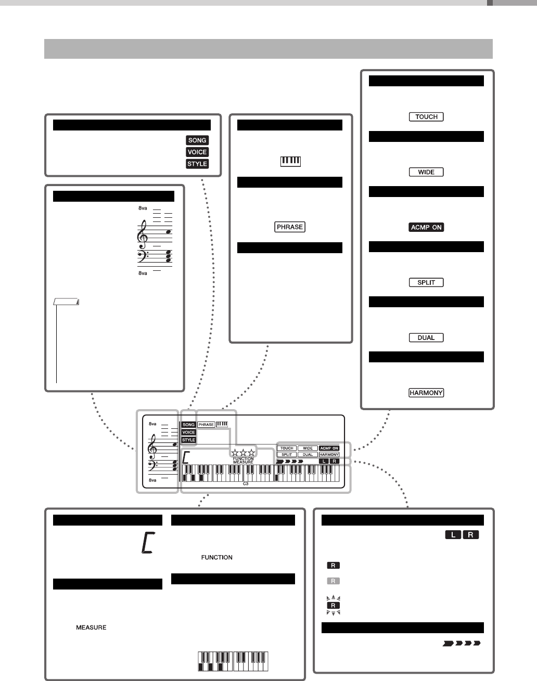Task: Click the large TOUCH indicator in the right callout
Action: click(426, 117)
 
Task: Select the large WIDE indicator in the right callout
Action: click(426, 172)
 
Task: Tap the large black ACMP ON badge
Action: click(426, 227)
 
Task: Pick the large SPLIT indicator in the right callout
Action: click(426, 282)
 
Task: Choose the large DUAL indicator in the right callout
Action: click(426, 337)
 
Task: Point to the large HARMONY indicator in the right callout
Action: click(426, 393)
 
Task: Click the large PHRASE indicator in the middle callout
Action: click(290, 227)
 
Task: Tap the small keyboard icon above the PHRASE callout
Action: click(290, 162)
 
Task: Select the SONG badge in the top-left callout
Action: click(197, 140)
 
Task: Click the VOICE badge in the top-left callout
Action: click(197, 152)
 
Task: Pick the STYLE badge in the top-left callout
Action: click(197, 164)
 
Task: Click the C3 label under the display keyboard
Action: click(245, 483)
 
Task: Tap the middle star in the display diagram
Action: click(243, 452)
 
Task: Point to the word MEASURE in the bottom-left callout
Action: click(91, 628)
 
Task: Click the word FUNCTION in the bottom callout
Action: click(216, 557)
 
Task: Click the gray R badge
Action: click(333, 581)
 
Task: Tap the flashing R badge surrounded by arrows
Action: click(333, 606)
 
